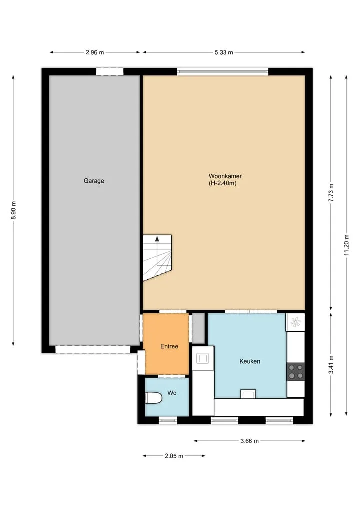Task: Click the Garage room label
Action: (94, 181)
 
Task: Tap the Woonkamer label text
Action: (225, 176)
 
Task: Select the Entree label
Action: (169, 346)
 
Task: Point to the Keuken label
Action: (249, 361)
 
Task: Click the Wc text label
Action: (172, 393)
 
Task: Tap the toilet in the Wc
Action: (153, 398)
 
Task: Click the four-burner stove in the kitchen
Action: (296, 372)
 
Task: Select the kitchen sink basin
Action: (203, 358)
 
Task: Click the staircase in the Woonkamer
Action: (157, 258)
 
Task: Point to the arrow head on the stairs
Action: (157, 239)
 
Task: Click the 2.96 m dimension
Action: (95, 52)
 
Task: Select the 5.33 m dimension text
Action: (224, 52)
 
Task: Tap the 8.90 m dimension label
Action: (13, 210)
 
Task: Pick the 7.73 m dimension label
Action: (331, 193)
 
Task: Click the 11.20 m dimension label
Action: (346, 245)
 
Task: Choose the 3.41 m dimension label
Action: (331, 365)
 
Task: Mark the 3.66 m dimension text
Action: (249, 441)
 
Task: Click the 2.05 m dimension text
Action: (174, 456)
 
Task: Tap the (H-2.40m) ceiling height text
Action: (223, 183)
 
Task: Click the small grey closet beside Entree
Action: (199, 328)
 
